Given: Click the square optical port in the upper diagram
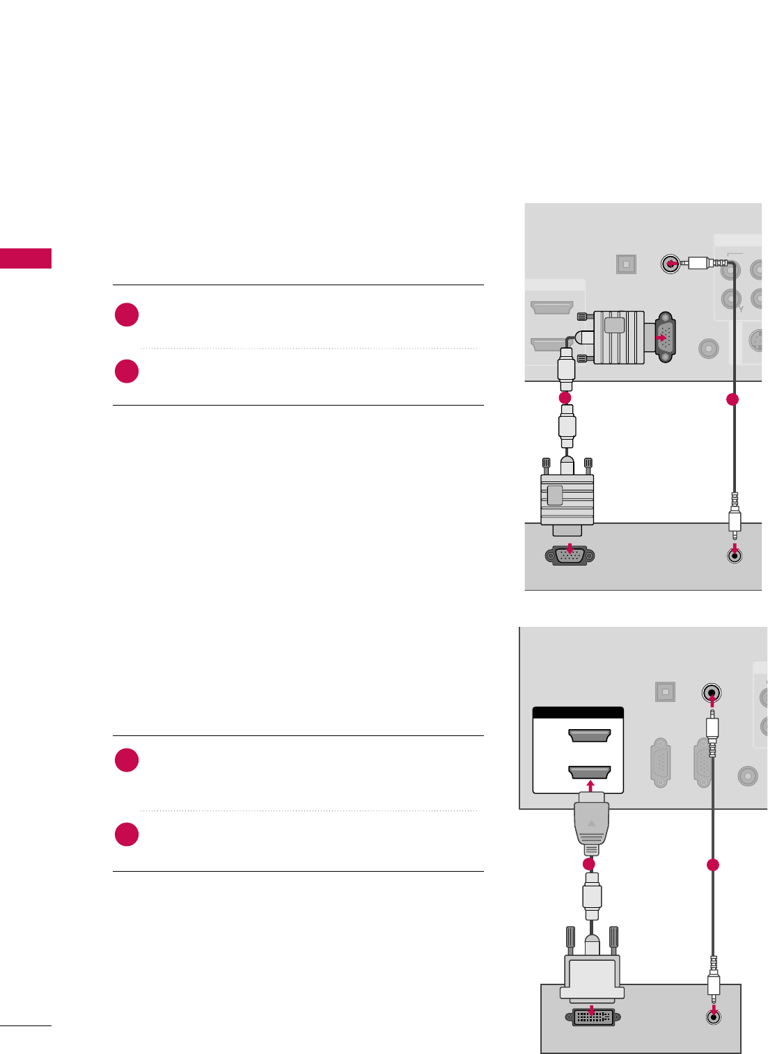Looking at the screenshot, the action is pos(625,264).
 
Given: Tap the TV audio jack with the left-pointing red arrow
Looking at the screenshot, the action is pos(670,264).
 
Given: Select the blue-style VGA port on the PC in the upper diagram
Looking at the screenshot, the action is pos(570,556).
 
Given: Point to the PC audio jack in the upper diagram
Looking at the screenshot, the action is pos(734,555).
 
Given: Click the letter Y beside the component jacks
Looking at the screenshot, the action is pos(741,309).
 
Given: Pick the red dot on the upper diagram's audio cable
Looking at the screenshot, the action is pos(732,400).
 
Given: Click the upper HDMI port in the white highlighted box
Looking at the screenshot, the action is pos(589,736).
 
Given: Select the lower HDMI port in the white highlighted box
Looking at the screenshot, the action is pos(589,772).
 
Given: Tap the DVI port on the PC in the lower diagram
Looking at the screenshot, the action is pos(592,1016).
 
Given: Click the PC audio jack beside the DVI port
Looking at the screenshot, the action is pos(713,1016).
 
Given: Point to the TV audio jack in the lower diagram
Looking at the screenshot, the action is pos(711,693).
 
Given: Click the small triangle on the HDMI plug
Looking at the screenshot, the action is pos(591,823).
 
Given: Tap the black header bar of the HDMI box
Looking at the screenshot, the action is pos(577,712).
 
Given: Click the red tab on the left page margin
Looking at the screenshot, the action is pos(26,258).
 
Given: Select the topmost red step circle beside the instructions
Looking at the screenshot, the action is pos(127,315).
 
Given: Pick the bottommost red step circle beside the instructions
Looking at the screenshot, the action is pos(127,834).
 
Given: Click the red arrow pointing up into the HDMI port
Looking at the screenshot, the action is pos(590,786).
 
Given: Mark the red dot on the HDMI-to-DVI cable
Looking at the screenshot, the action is pos(589,864).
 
